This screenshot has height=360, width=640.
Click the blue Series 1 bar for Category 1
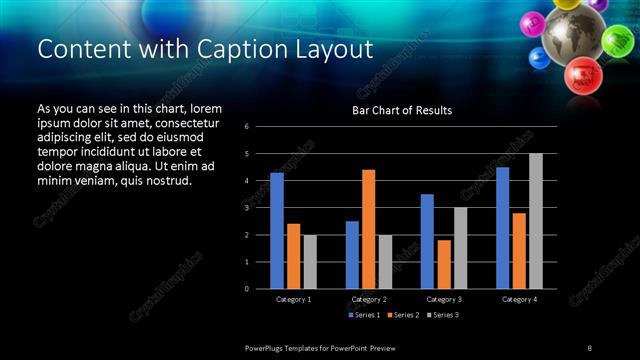point(277,231)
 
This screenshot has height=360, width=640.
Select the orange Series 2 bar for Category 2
point(368,229)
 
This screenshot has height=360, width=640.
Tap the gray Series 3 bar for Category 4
point(535,221)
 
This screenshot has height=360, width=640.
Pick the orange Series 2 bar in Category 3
point(443,264)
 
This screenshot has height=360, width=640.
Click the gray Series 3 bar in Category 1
point(310,262)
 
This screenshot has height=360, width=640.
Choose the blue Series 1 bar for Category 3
point(427,241)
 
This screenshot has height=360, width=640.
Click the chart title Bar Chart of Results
point(403,110)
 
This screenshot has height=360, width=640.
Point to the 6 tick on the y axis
point(247,127)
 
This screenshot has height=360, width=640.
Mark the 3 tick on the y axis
point(247,208)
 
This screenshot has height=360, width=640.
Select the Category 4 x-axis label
point(518,299)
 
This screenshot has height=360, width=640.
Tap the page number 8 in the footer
point(589,347)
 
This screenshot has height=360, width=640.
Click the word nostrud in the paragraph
point(164,180)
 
